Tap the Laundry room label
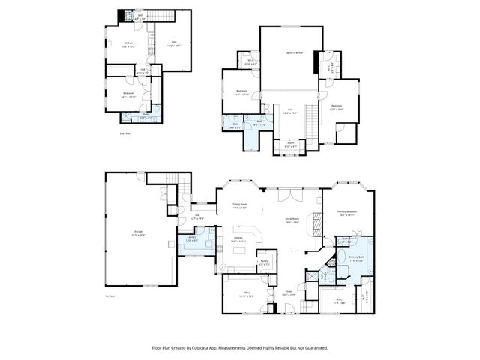(x=190, y=238)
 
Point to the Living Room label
(x=292, y=220)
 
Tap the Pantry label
(x=264, y=263)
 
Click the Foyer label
(x=287, y=294)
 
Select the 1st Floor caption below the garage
(x=110, y=296)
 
